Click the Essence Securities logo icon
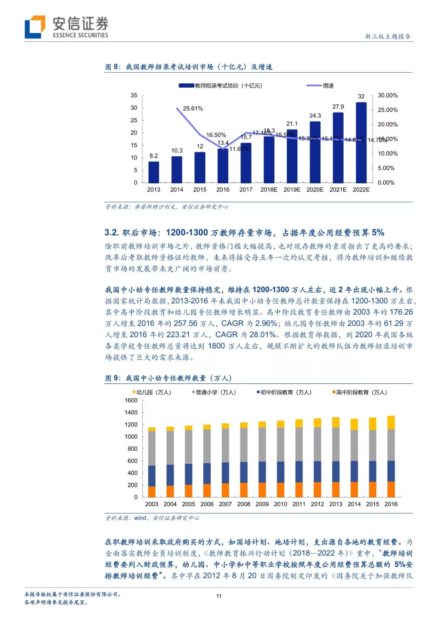(35, 27)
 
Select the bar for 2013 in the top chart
(154, 172)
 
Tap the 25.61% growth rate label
(193, 109)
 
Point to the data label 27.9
(338, 107)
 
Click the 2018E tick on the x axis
(269, 190)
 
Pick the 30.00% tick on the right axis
(387, 95)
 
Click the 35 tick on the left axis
(134, 95)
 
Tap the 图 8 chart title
(189, 67)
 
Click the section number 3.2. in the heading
(112, 233)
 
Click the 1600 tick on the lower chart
(131, 400)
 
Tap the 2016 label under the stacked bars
(391, 504)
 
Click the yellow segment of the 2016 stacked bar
(391, 422)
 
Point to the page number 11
(219, 596)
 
